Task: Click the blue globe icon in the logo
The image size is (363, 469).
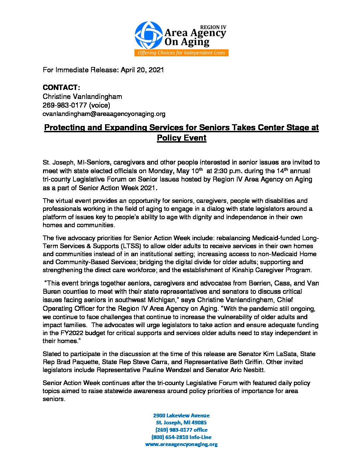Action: click(148, 35)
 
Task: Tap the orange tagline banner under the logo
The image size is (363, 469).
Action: click(181, 53)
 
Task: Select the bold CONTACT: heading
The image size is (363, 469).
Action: click(61, 88)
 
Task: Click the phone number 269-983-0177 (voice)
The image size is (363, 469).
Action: click(76, 105)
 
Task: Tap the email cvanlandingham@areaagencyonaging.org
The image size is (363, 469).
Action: click(104, 114)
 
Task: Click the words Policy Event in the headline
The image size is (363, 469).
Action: click(181, 138)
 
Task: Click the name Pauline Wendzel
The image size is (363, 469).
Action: click(161, 370)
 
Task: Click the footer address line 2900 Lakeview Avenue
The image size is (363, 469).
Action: click(181, 415)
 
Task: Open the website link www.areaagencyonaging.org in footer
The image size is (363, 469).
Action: click(181, 444)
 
